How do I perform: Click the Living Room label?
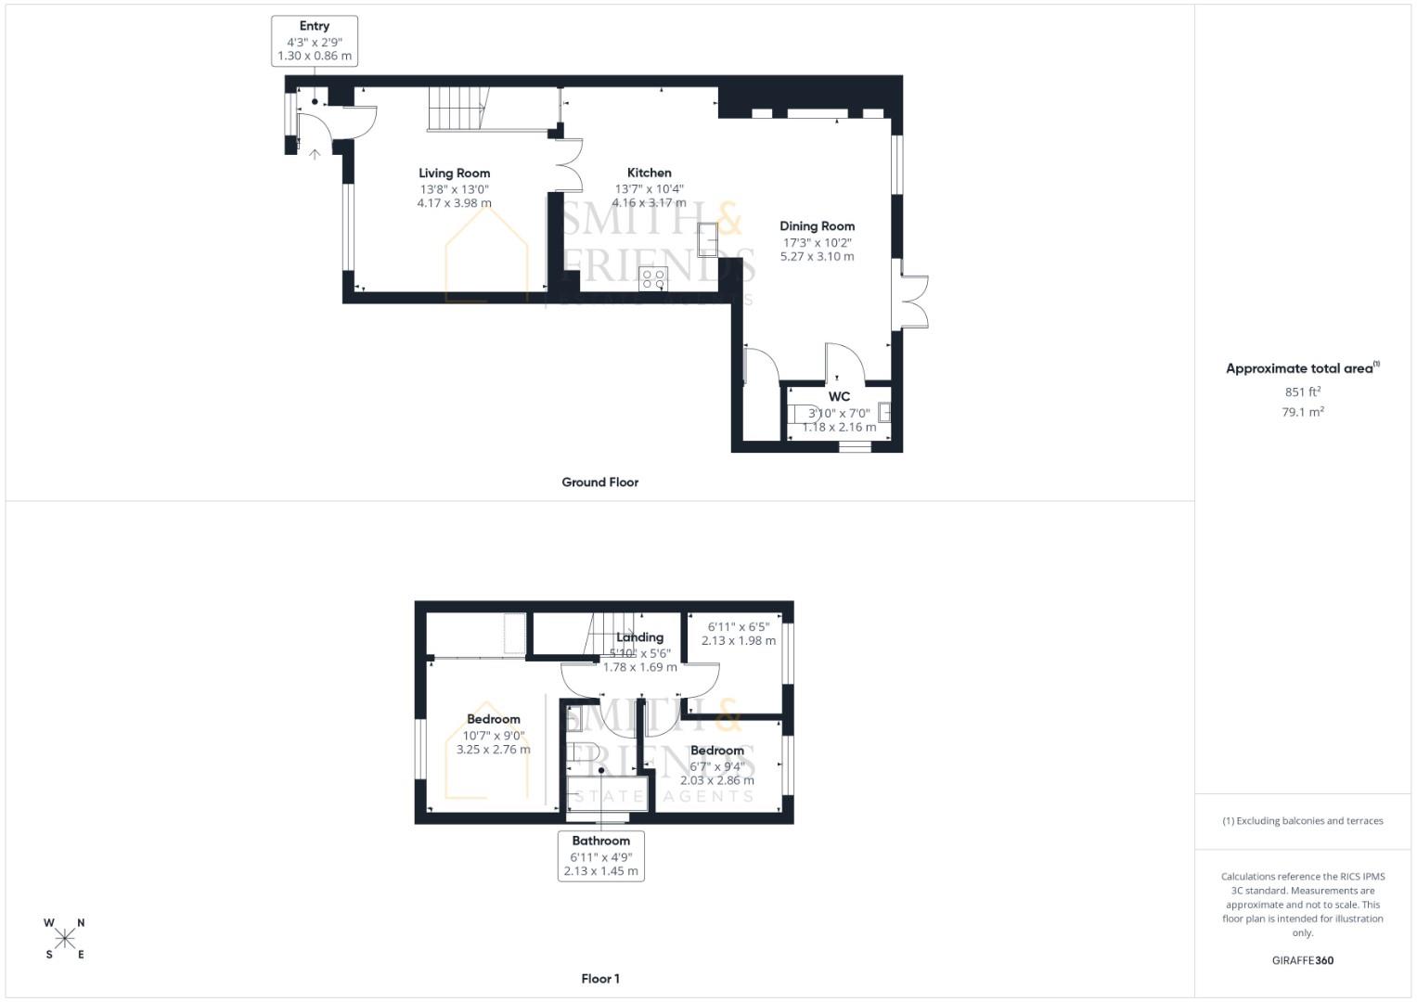(454, 173)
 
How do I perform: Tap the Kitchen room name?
(649, 173)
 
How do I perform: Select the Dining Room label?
(817, 225)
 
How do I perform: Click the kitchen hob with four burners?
(653, 278)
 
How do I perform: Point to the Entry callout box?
(315, 41)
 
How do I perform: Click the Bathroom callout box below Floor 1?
(600, 855)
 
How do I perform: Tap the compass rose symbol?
(65, 938)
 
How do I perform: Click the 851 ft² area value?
(1302, 392)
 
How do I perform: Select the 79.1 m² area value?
(1302, 412)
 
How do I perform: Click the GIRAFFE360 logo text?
(1302, 960)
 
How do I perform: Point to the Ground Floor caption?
(599, 482)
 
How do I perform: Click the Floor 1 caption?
(599, 979)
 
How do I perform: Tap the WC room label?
(839, 396)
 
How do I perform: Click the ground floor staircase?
(457, 109)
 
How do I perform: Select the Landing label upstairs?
(639, 637)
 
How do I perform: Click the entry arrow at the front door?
(315, 154)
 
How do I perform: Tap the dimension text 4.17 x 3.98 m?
(454, 203)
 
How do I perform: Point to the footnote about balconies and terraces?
(1302, 821)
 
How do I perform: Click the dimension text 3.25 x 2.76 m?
(493, 750)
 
